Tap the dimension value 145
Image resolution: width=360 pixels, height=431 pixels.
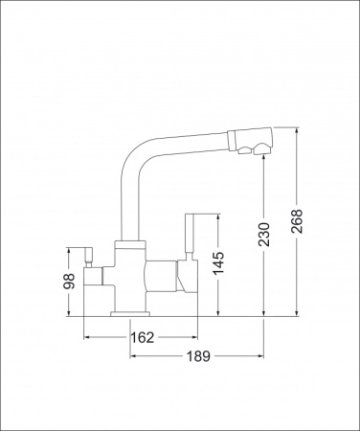tap(221, 264)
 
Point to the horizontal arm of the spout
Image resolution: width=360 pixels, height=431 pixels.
tap(187, 135)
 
